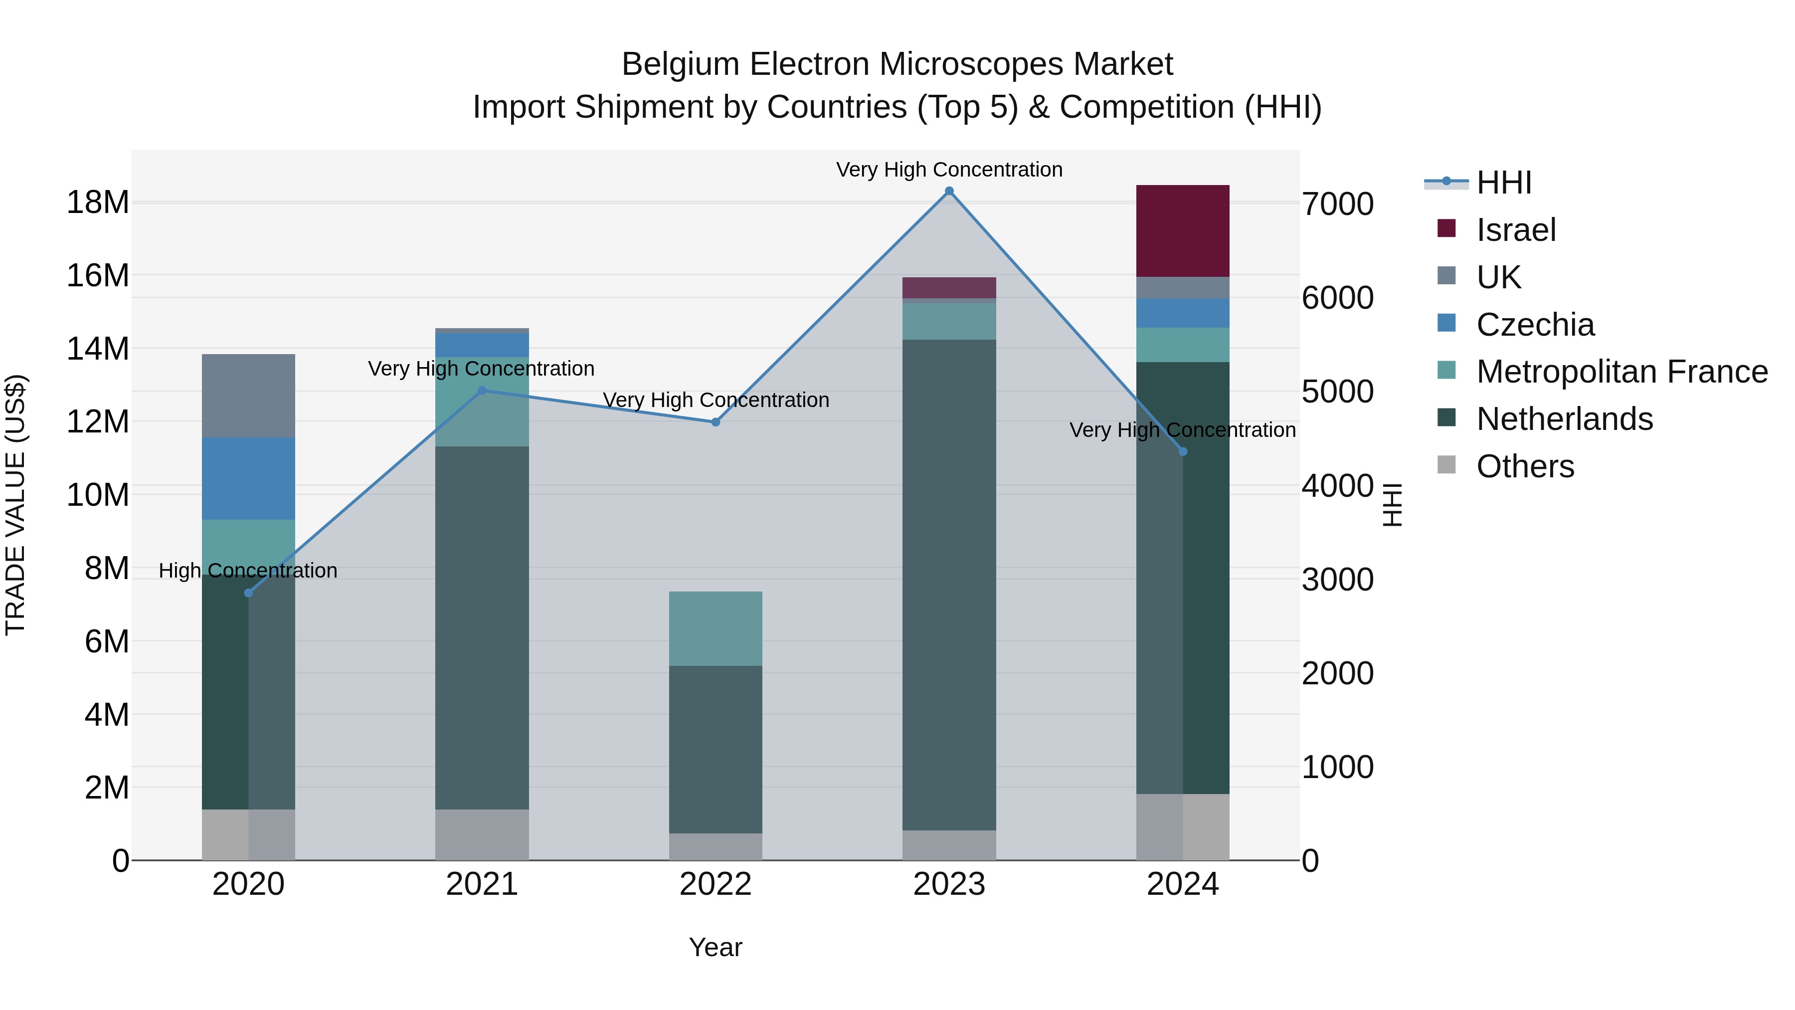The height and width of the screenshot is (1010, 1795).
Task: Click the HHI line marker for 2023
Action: [949, 191]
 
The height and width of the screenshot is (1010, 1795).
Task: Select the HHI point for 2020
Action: [249, 593]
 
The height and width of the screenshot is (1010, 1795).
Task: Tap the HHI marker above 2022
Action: [716, 421]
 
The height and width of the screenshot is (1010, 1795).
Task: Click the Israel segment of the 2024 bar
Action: [1183, 231]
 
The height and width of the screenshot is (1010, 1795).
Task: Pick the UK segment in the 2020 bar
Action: [249, 396]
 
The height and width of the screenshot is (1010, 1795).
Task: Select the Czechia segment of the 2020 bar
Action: [249, 479]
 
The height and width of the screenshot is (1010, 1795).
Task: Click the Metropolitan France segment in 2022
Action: [716, 629]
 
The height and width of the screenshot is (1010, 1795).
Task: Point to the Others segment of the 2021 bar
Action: [482, 834]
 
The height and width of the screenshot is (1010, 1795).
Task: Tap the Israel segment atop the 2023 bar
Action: [949, 288]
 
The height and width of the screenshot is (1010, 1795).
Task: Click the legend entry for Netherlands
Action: [1564, 419]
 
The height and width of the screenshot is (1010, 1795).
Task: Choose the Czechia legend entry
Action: [1535, 325]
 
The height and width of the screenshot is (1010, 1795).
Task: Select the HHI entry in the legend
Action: [1504, 183]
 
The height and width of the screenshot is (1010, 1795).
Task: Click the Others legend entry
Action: [1525, 466]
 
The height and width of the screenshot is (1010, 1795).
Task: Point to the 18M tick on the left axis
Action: [98, 203]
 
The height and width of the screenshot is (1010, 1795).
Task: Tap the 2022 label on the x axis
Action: [716, 884]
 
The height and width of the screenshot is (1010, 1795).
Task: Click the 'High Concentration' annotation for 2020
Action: [248, 571]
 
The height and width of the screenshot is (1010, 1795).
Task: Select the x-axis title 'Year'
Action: [716, 947]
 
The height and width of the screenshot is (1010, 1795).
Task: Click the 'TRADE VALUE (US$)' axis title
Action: [15, 505]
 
